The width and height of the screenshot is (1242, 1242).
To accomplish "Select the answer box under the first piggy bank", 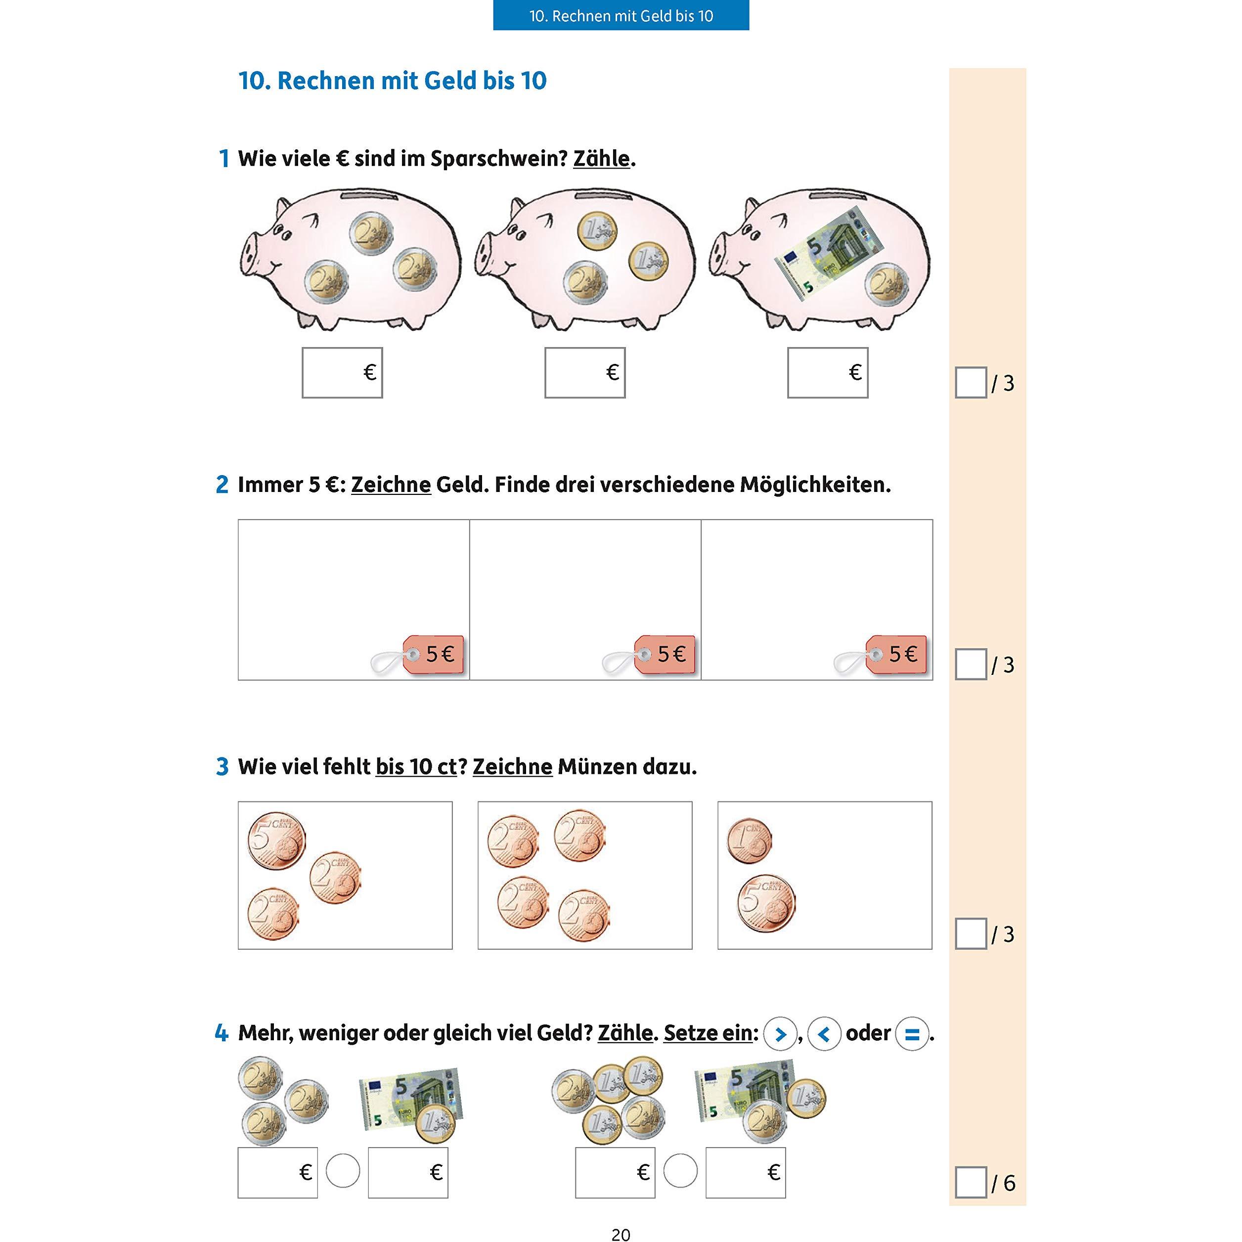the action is pyautogui.click(x=342, y=373).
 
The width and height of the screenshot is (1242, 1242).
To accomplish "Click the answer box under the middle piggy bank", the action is pyautogui.click(x=585, y=373).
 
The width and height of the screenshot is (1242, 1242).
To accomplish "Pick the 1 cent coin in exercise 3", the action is pyautogui.click(x=750, y=841).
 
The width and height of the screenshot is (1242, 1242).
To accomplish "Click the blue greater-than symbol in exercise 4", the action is pyautogui.click(x=780, y=1034).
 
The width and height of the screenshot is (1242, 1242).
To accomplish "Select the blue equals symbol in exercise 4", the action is pyautogui.click(x=912, y=1034).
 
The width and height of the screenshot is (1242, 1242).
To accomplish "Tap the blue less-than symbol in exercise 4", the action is pyautogui.click(x=825, y=1034).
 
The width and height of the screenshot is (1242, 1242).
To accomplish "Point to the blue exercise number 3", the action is pyautogui.click(x=222, y=767).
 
